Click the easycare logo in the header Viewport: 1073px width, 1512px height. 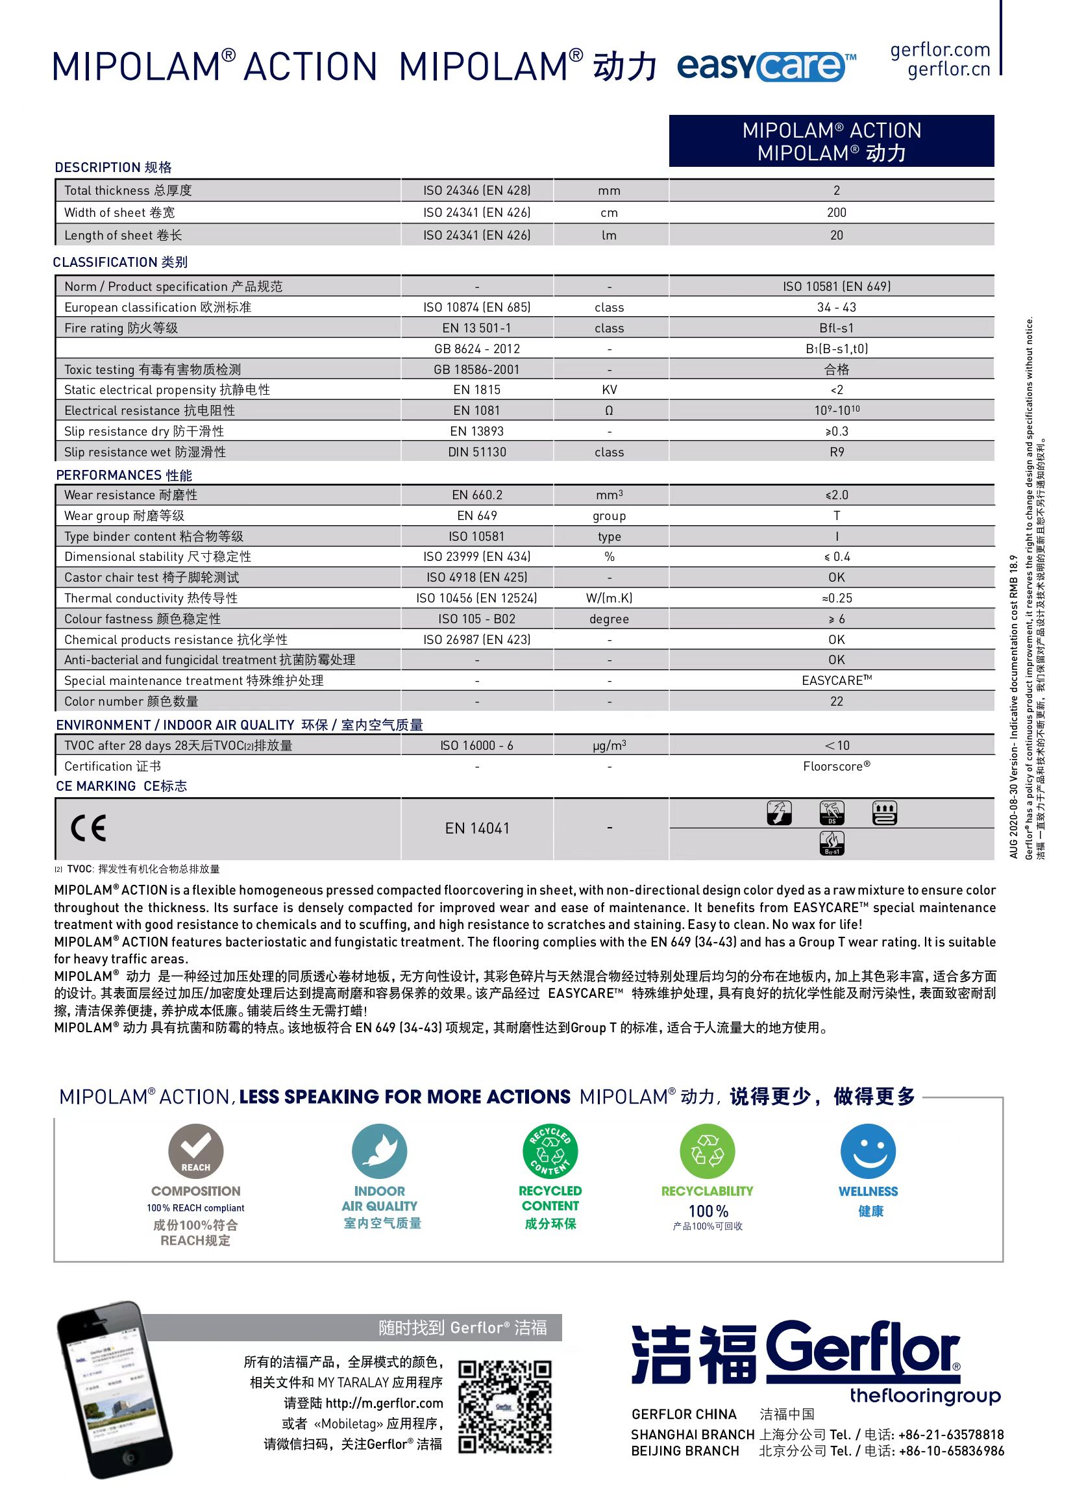(x=766, y=66)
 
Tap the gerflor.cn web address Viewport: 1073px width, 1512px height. (x=948, y=69)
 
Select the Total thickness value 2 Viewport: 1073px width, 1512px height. (x=836, y=190)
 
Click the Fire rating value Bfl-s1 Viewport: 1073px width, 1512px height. (x=836, y=328)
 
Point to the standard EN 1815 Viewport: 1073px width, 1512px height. (x=476, y=390)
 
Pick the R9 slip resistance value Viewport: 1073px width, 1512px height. (x=837, y=452)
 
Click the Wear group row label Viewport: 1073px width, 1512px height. (x=124, y=515)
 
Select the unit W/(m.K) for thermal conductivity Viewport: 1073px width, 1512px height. (x=608, y=598)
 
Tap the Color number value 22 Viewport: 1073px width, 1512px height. (x=837, y=701)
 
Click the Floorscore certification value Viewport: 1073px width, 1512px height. (x=837, y=766)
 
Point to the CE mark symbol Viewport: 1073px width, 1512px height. (x=88, y=828)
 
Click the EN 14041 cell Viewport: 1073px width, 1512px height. (x=477, y=828)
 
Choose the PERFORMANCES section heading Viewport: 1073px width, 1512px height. (x=123, y=475)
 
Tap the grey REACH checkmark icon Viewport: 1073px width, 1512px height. (x=195, y=1151)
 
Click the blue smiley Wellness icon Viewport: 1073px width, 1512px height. (x=867, y=1151)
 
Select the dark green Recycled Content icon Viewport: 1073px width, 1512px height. (x=550, y=1151)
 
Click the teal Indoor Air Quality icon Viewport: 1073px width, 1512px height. (x=379, y=1151)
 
